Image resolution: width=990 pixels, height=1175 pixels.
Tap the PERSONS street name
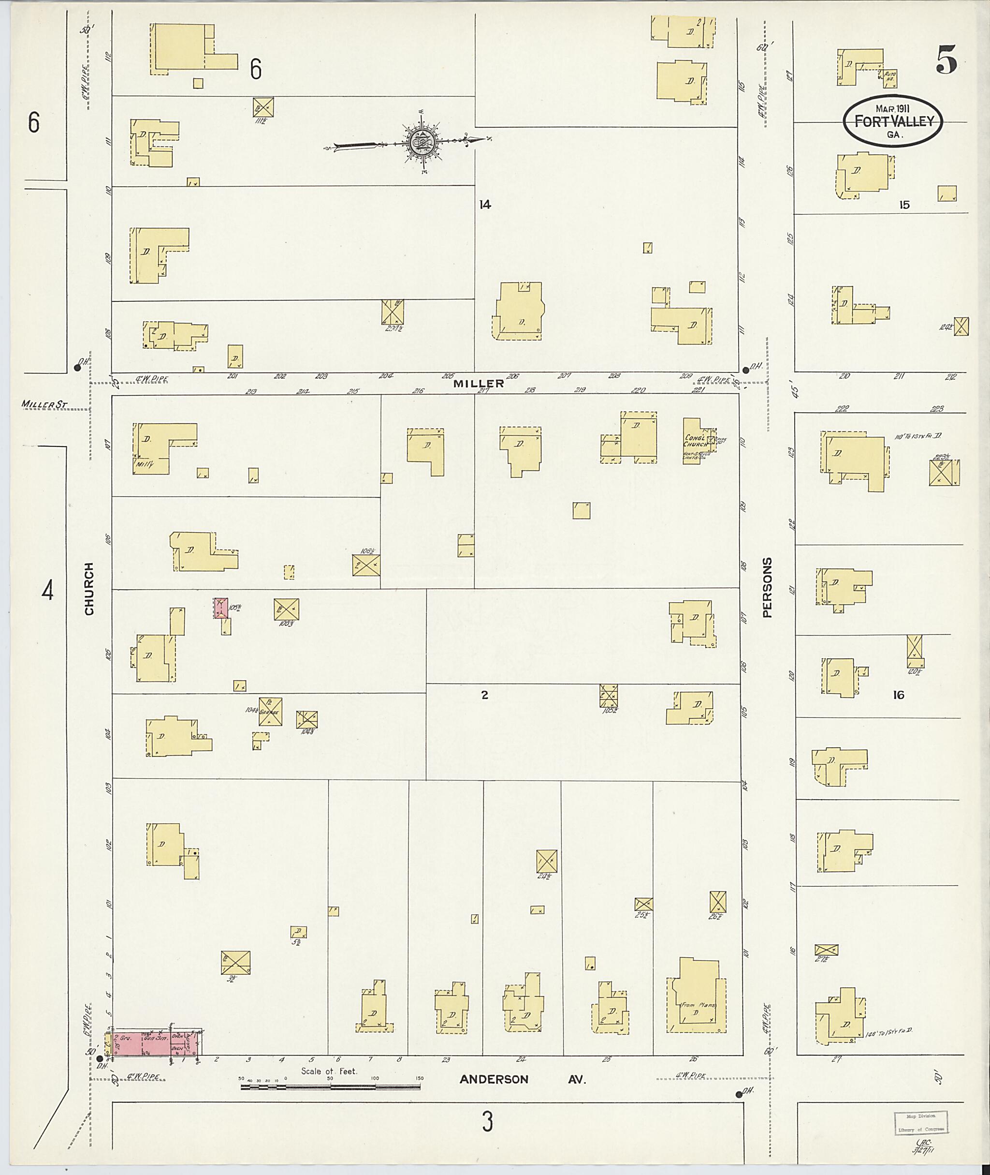click(x=767, y=587)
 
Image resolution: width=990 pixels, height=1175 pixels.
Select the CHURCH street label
click(x=88, y=589)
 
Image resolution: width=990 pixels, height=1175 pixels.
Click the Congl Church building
click(x=696, y=440)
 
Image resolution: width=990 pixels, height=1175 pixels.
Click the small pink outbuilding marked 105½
click(x=221, y=608)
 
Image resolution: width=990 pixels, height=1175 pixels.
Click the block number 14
click(x=485, y=205)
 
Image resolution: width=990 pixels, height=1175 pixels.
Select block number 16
click(x=899, y=695)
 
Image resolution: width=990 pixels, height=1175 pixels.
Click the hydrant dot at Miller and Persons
click(x=746, y=370)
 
